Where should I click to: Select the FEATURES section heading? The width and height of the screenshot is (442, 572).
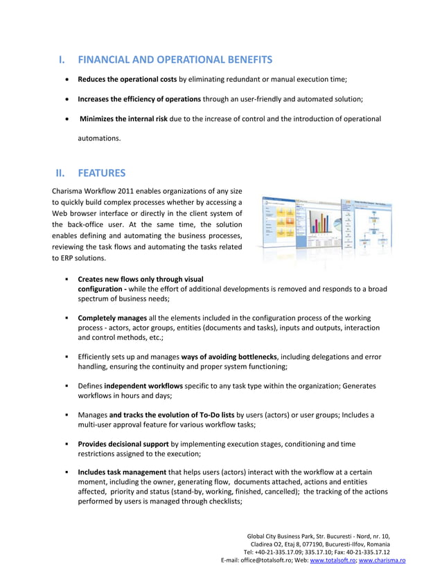(103, 173)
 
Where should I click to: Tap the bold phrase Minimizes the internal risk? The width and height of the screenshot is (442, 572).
(123, 118)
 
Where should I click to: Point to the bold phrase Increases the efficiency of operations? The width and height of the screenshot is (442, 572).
(139, 99)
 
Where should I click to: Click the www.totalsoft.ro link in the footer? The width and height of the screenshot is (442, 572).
(332, 560)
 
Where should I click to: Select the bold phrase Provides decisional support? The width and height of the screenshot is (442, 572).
(123, 443)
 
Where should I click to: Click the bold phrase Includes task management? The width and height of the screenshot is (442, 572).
(122, 472)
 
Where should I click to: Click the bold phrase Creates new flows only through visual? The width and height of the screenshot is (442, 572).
(140, 279)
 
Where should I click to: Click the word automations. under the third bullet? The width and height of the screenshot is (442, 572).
(98, 138)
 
